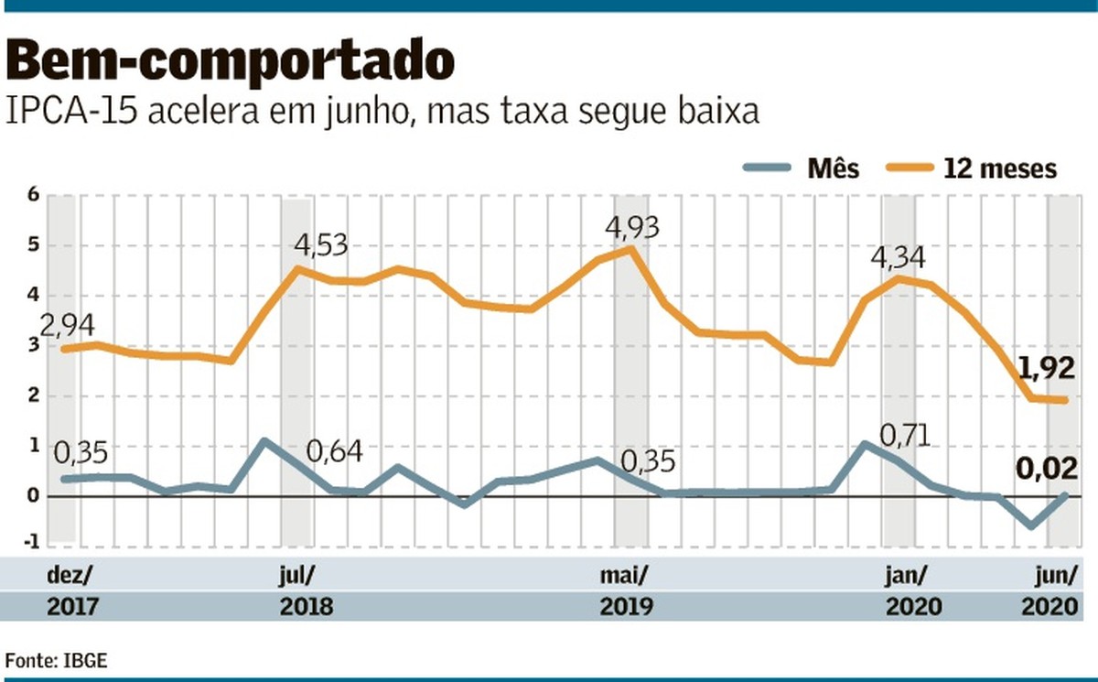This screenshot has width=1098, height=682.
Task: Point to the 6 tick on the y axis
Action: click(x=33, y=195)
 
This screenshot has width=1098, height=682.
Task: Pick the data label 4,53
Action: click(x=322, y=245)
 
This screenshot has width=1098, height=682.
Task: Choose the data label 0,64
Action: click(x=335, y=451)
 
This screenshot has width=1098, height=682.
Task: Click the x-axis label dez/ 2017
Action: click(x=70, y=590)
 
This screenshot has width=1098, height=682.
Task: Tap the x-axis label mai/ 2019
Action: click(x=625, y=590)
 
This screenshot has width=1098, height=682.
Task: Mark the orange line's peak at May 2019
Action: click(x=630, y=248)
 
